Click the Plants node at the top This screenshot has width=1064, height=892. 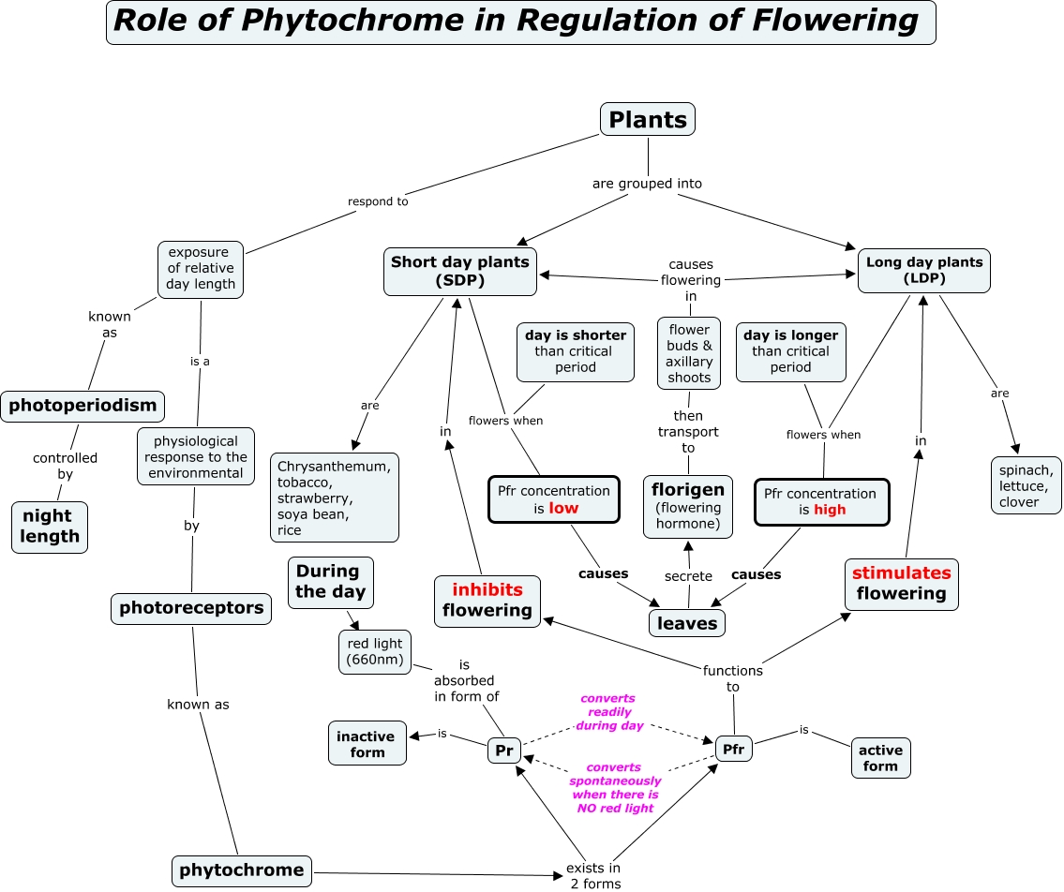tap(648, 119)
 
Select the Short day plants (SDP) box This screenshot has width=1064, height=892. tap(460, 271)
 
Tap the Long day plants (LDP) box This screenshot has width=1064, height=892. tap(923, 271)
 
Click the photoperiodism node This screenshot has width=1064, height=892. tap(82, 407)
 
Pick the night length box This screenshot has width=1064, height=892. tap(49, 527)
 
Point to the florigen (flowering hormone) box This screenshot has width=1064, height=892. tap(687, 506)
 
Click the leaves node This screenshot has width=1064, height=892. tap(687, 623)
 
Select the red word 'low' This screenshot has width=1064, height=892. tap(564, 508)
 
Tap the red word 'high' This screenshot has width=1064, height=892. tap(830, 510)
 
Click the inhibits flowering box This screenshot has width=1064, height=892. tap(487, 601)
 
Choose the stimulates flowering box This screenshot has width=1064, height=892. tap(901, 583)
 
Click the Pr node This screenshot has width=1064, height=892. tap(504, 751)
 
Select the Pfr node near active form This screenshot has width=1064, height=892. tap(733, 749)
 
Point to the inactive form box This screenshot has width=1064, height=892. tap(367, 744)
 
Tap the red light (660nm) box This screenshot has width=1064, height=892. tap(374, 651)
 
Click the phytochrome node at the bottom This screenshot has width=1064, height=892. tap(241, 870)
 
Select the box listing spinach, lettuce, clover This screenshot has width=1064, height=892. tap(1026, 485)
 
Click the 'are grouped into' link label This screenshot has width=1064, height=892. tap(647, 184)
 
